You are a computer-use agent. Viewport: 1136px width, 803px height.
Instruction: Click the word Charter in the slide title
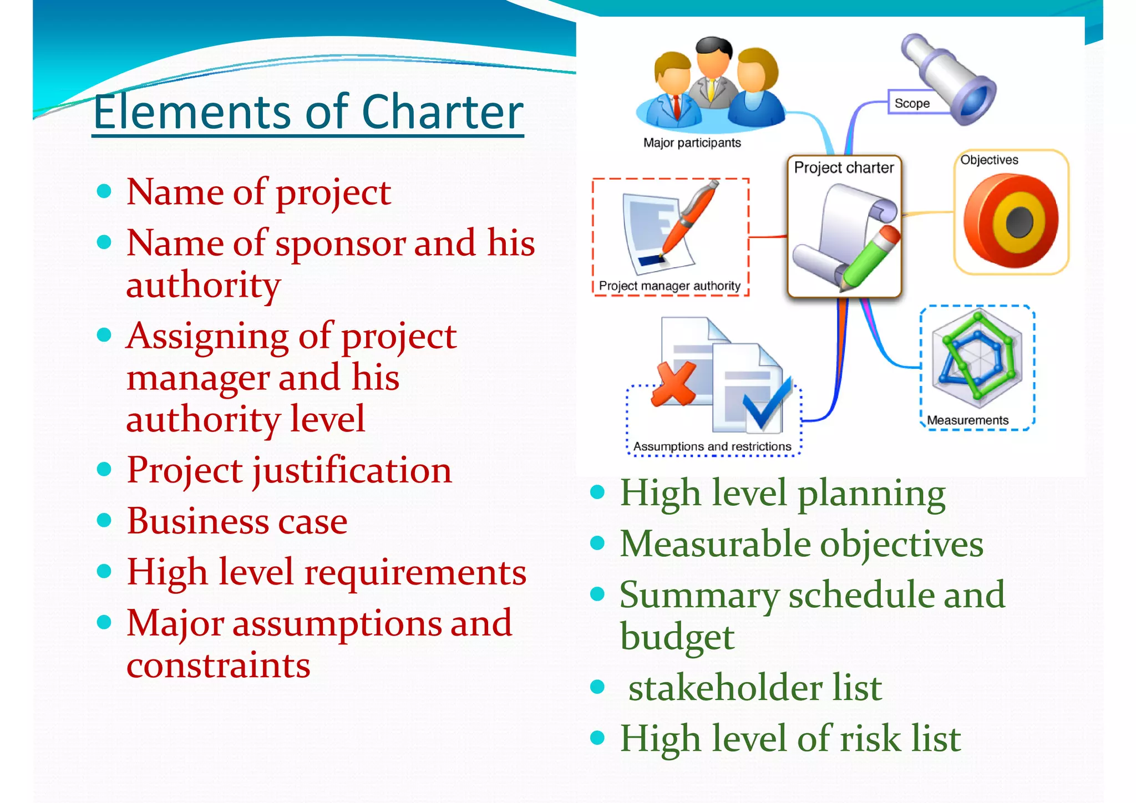pyautogui.click(x=442, y=113)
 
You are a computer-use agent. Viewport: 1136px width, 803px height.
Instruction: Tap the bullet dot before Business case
pyautogui.click(x=104, y=520)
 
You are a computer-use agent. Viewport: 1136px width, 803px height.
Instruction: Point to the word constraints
pyautogui.click(x=218, y=665)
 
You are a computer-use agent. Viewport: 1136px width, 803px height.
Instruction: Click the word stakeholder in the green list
pyautogui.click(x=725, y=688)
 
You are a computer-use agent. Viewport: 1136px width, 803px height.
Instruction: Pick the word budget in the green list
pyautogui.click(x=677, y=637)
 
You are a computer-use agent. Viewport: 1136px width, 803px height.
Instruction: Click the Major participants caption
pyautogui.click(x=692, y=143)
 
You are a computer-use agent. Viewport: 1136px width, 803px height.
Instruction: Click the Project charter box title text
pyautogui.click(x=844, y=167)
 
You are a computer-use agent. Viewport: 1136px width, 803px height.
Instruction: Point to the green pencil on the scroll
pyautogui.click(x=869, y=258)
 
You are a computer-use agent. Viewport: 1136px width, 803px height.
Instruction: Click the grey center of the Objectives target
pyautogui.click(x=1019, y=221)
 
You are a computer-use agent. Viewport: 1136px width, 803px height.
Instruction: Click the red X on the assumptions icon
pyautogui.click(x=673, y=383)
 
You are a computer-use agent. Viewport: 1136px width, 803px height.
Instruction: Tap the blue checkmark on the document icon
pyautogui.click(x=767, y=405)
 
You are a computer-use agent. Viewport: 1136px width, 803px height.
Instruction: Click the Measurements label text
pyautogui.click(x=967, y=420)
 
